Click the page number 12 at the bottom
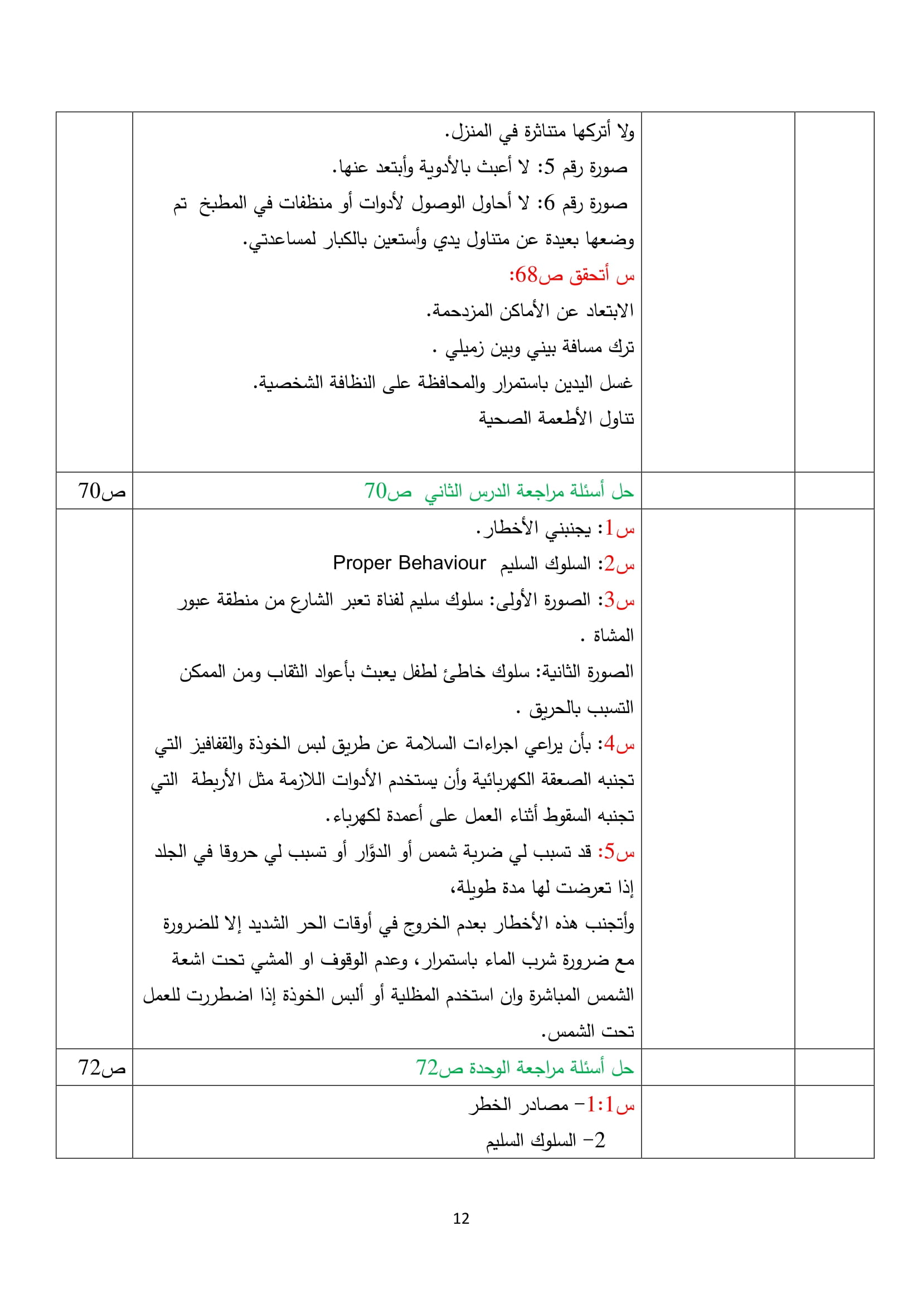coord(461,1218)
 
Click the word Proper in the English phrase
coord(362,563)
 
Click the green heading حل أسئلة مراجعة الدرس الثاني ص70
coord(498,491)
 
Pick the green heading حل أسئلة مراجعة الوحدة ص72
coord(525,1068)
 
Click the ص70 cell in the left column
coord(101,491)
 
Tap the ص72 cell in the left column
coord(101,1068)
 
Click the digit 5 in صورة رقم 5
coord(549,168)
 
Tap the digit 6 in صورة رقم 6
coord(549,203)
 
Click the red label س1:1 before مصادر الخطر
coord(610,1104)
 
